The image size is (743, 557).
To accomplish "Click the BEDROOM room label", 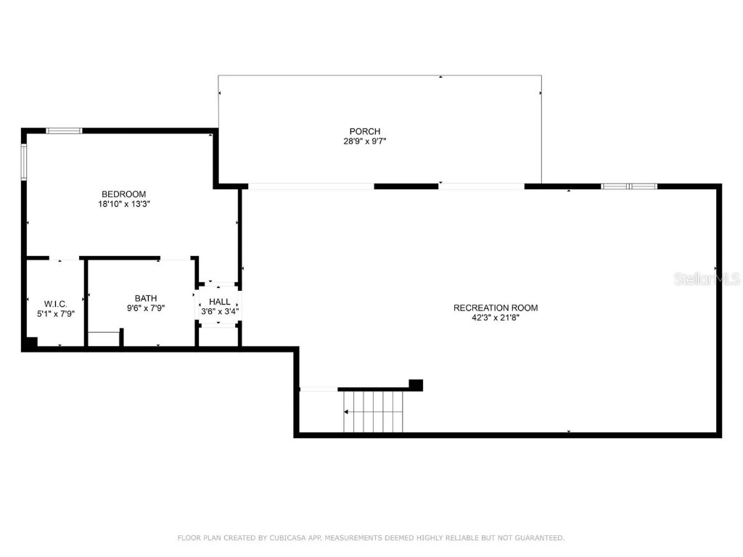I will (x=123, y=194).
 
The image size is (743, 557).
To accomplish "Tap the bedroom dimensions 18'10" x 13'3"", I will (x=123, y=205).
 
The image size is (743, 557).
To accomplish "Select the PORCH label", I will (x=364, y=131).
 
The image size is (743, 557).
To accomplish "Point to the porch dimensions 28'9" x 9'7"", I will (x=364, y=141).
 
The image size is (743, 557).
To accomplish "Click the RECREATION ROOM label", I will (x=496, y=308).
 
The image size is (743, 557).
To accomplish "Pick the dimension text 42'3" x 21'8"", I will (x=496, y=318).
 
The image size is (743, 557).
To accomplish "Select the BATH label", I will (x=145, y=298).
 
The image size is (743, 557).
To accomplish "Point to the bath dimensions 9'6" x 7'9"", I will (x=145, y=308).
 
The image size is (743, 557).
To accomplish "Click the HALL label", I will (x=219, y=302).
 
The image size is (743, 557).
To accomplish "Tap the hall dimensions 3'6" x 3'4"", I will (x=219, y=312).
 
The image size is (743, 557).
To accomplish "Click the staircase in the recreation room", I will (x=373, y=411).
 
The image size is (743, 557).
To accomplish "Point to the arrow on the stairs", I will (x=347, y=411).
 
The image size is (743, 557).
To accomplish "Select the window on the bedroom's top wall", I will (x=64, y=131).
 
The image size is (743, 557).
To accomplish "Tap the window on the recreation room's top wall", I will (x=629, y=186).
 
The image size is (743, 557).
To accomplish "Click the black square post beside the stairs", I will (x=416, y=385).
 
